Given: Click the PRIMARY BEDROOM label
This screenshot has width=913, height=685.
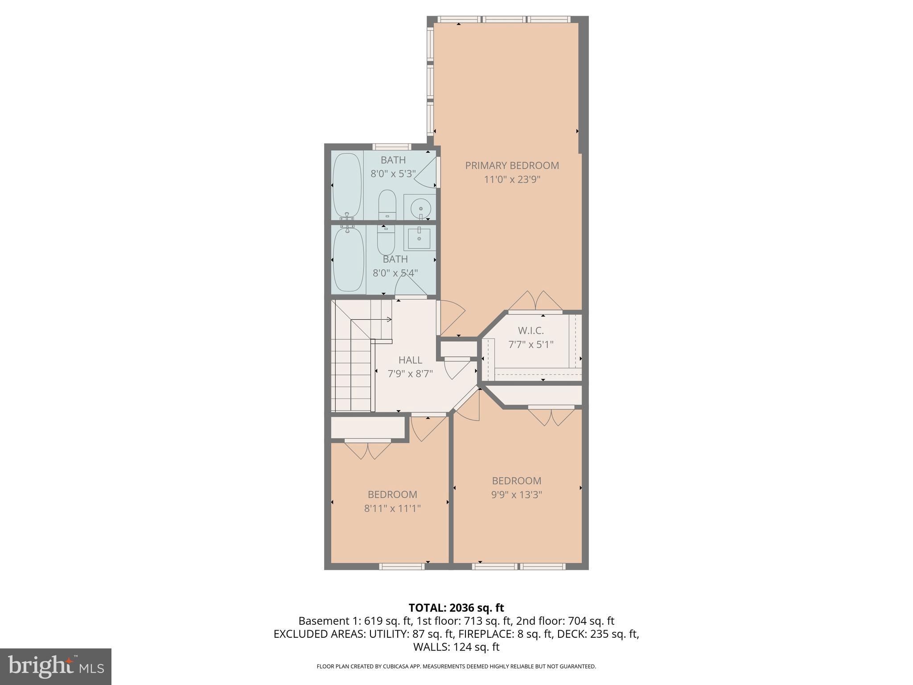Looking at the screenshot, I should point(512,165).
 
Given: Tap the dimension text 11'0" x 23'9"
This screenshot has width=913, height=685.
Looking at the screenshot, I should point(512,180).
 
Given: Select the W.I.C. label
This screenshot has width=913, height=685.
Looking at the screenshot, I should point(531,330).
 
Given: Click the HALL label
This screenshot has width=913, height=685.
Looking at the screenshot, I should point(410,360).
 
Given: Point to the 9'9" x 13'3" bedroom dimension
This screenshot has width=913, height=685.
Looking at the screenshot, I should point(516,495).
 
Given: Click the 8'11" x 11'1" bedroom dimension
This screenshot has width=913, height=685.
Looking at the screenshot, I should point(392,508).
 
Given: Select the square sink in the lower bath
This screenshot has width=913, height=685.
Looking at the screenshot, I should point(419,239).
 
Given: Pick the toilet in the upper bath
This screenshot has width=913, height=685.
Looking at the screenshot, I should point(387,205).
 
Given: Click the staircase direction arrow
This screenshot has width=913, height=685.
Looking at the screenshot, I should point(389,319).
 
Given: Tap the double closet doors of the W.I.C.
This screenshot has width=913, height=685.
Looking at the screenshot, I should point(535,302).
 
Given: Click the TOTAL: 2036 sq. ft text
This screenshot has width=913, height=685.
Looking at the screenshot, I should point(456,607).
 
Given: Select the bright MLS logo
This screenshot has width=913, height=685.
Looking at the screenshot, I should point(55,666).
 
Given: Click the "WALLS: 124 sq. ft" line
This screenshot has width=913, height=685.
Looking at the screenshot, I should point(456,647).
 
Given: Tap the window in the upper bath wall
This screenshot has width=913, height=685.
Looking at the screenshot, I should point(392,147).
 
